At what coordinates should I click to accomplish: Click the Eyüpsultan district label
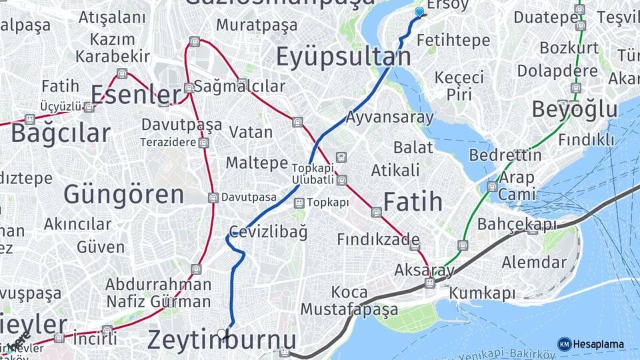pyautogui.click(x=343, y=57)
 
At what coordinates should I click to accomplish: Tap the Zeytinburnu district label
pyautogui.click(x=221, y=340)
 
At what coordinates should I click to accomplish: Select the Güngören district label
pyautogui.click(x=123, y=195)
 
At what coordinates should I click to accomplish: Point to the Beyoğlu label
pyautogui.click(x=574, y=109)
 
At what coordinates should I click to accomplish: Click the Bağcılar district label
pyautogui.click(x=60, y=133)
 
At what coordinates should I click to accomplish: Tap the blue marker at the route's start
pyautogui.click(x=419, y=11)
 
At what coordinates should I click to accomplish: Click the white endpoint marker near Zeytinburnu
pyautogui.click(x=222, y=333)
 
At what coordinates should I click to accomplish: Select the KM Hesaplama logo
pyautogui.click(x=591, y=344)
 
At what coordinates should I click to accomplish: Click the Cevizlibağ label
pyautogui.click(x=268, y=232)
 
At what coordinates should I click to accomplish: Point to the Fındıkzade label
pyautogui.click(x=378, y=239)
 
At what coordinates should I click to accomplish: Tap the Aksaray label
pyautogui.click(x=424, y=270)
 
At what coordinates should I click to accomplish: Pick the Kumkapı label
pyautogui.click(x=482, y=293)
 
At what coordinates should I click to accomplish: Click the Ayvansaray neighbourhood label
pyautogui.click(x=389, y=118)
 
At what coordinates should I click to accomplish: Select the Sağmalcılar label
pyautogui.click(x=240, y=86)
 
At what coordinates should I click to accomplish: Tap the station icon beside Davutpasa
pyautogui.click(x=213, y=197)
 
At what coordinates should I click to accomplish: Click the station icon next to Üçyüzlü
pyautogui.click(x=89, y=107)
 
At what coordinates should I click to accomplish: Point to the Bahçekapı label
pyautogui.click(x=517, y=224)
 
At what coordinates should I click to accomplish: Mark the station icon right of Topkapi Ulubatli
pyautogui.click(x=342, y=180)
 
